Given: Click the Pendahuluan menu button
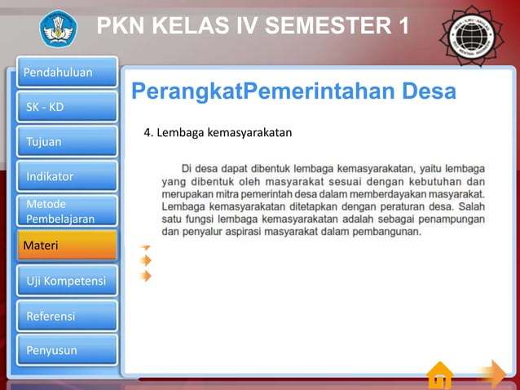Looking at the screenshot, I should [x=66, y=73].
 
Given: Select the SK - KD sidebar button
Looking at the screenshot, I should [x=66, y=107].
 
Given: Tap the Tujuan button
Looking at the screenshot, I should [x=66, y=141].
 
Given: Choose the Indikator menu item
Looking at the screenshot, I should [x=66, y=175].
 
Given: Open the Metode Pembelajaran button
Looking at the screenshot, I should [x=66, y=211].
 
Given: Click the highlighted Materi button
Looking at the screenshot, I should [x=66, y=246].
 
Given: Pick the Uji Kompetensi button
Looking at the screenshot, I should [x=66, y=281].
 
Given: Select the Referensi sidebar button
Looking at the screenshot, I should [x=66, y=316].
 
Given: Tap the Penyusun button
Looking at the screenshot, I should [x=66, y=350].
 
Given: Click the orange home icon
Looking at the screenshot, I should [x=440, y=376].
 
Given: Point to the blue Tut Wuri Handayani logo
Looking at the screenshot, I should [x=59, y=28].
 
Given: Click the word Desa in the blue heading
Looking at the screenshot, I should [x=429, y=91].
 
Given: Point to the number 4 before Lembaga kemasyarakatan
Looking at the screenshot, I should [x=147, y=131].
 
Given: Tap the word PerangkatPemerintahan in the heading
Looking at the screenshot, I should [x=262, y=91].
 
